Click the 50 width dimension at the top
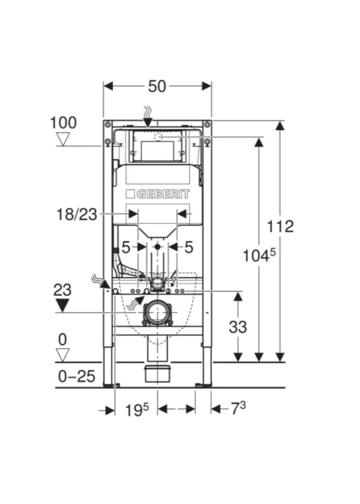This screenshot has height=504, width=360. point(157,86)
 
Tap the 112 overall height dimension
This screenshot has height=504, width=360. point(280,226)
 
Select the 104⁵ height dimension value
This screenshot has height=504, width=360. point(259,256)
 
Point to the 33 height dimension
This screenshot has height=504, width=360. point(238,327)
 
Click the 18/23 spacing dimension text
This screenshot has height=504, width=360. point(76,215)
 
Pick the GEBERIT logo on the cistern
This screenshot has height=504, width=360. point(158,194)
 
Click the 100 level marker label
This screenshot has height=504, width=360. point(63,123)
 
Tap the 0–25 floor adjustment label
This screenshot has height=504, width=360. point(76,376)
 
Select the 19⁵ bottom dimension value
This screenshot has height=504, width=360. point(137,410)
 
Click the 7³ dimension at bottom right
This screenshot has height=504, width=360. point(238,409)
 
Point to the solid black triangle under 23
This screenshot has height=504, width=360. point(63,305)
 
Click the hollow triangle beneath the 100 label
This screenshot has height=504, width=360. point(63,140)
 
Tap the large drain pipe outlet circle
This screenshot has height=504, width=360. point(157,312)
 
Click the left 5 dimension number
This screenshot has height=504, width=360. point(126,248)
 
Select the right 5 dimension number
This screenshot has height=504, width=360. point(189,248)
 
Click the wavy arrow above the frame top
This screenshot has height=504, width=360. point(148,117)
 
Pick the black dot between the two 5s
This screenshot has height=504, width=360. point(157,247)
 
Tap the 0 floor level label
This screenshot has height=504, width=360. point(63,340)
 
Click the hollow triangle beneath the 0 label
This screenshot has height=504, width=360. point(63,356)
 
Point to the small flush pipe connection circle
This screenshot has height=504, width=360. point(158,283)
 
